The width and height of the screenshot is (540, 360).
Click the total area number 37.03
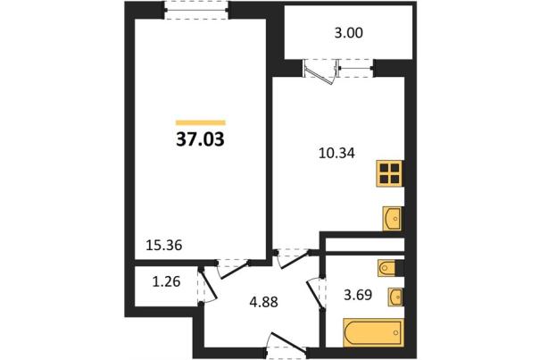tap(200, 139)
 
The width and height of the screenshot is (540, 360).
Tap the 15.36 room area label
tap(164, 246)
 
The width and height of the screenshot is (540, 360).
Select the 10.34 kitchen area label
tap(336, 153)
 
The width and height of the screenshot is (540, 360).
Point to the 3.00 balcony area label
tap(348, 33)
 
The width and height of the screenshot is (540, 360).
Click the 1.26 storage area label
tap(166, 281)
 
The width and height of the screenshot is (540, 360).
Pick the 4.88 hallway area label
tap(264, 303)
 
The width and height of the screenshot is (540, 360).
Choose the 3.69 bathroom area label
tap(358, 295)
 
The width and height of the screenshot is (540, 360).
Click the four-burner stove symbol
tap(389, 173)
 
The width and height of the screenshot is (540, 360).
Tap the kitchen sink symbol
tap(393, 219)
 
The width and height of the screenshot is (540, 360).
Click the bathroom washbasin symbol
tap(395, 297)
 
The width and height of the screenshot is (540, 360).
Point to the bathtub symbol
tap(373, 332)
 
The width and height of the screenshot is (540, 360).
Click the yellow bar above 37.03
tap(201, 122)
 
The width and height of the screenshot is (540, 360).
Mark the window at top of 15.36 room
tap(196, 11)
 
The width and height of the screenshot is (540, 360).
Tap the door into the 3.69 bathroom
tap(315, 293)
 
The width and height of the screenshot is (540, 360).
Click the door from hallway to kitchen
tap(294, 259)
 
